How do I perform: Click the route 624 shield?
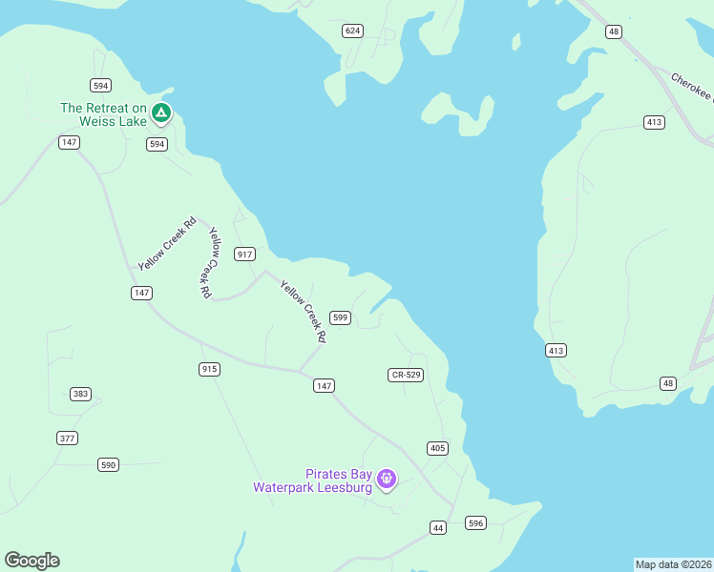point(353,31)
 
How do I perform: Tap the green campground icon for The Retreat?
point(162,114)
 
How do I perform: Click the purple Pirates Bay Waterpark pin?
point(387,479)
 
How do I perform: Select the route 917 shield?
point(245,254)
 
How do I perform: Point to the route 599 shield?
point(341,317)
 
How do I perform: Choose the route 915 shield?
point(210,369)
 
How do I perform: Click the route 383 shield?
point(81,394)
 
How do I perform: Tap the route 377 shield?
point(67,438)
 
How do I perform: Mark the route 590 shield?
point(108,464)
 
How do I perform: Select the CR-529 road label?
point(406,375)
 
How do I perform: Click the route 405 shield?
point(437,448)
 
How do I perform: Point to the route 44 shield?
point(438,527)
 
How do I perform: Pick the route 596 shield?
point(475,522)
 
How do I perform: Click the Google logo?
point(31,561)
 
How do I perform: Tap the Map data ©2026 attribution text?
point(673,564)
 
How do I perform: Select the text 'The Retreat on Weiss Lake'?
point(103,114)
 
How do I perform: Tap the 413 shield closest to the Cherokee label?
point(654,122)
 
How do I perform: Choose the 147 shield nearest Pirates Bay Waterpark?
point(325,385)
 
